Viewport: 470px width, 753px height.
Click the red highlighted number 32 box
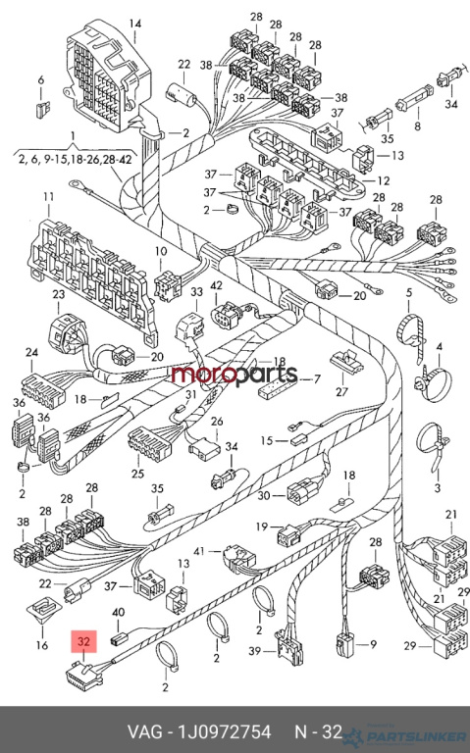83,641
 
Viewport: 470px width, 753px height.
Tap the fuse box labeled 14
108,76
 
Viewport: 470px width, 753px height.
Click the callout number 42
216,285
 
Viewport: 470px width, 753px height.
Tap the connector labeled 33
190,327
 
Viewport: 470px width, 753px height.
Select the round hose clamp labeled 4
433,383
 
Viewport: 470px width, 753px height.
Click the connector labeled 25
149,443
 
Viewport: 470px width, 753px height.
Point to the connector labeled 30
303,491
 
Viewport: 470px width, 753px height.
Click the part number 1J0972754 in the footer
225,731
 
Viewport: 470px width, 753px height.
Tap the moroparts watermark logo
235,375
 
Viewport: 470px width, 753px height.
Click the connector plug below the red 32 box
83,678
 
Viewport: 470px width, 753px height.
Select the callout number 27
341,392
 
